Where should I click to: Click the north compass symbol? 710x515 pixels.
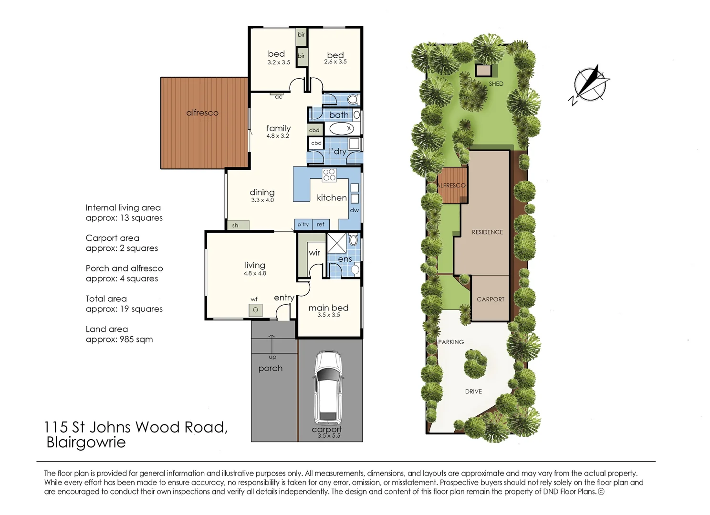click(x=590, y=86)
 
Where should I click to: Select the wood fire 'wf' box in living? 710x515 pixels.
click(x=255, y=310)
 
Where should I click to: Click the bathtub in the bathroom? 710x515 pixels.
click(x=341, y=128)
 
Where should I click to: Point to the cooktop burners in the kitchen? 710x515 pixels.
click(x=329, y=175)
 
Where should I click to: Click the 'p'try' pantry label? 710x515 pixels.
click(x=303, y=225)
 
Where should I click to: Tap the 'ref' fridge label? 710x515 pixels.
click(x=321, y=224)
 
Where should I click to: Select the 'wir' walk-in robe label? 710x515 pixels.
click(x=314, y=253)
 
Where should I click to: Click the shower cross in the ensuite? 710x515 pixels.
click(x=336, y=243)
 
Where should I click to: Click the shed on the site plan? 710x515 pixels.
click(x=483, y=71)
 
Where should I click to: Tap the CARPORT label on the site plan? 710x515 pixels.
click(x=491, y=299)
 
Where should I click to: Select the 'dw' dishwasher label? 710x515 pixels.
click(x=355, y=210)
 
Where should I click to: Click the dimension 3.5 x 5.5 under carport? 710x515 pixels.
click(x=328, y=436)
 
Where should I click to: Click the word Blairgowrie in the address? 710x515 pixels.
click(x=86, y=443)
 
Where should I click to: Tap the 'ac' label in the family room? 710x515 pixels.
click(x=279, y=97)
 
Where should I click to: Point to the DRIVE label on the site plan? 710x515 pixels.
click(x=473, y=391)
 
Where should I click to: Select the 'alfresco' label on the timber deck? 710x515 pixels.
click(x=202, y=113)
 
